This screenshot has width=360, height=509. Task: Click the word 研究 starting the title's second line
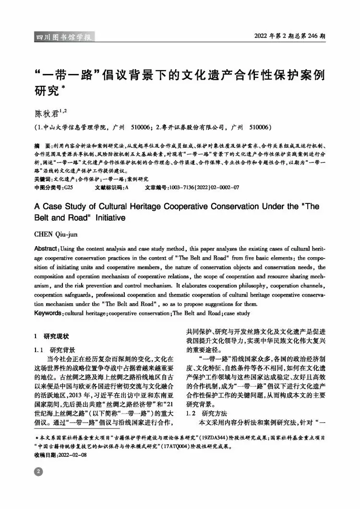tap(47, 90)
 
